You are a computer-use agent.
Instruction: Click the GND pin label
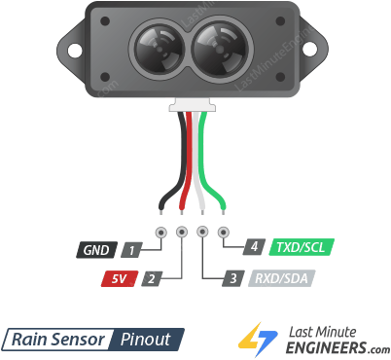point(95,249)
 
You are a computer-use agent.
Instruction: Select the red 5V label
point(119,279)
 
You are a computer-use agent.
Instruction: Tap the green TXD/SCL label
point(301,247)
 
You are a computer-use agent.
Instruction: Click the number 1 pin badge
point(129,249)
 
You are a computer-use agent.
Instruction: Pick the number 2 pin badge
point(151,279)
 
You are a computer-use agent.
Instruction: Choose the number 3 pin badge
point(232,279)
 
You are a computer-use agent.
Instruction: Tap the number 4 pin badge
point(254,247)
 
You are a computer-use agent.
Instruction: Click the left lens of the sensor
point(156,47)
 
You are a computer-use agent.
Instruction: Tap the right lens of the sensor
point(220,47)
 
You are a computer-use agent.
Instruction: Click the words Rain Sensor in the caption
point(57,340)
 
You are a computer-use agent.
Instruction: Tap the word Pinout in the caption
point(148,340)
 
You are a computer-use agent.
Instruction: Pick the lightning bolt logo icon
point(259,339)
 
